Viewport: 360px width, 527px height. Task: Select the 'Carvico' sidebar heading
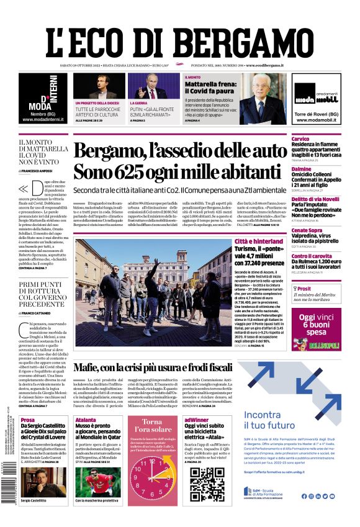(300, 138)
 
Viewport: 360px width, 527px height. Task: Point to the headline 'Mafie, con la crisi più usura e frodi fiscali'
(179, 367)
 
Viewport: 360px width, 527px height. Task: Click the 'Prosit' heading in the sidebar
(304, 289)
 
